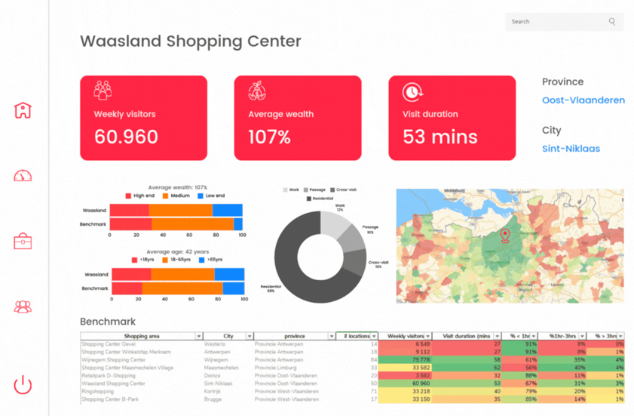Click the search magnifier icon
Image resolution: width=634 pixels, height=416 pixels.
[612, 22]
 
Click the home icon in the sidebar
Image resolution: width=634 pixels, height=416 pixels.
[23, 110]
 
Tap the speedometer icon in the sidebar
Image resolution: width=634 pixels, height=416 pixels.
[23, 176]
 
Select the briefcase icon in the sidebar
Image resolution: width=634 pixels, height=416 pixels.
[23, 242]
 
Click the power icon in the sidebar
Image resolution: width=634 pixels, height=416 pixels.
[23, 384]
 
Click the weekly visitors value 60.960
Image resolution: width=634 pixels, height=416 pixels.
[126, 137]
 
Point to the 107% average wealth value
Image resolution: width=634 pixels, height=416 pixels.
[269, 137]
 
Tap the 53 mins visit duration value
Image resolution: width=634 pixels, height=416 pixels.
[440, 137]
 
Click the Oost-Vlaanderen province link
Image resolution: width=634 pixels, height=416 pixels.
[583, 100]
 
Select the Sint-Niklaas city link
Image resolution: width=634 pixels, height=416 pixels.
[571, 149]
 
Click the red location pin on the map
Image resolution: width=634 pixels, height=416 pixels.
[505, 236]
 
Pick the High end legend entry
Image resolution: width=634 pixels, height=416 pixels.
[139, 196]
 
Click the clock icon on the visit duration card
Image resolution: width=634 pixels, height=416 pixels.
[412, 92]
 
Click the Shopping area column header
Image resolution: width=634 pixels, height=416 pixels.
[141, 336]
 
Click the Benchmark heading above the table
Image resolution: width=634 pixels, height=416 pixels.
[109, 322]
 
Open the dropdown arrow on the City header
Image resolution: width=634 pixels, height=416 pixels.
[250, 336]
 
